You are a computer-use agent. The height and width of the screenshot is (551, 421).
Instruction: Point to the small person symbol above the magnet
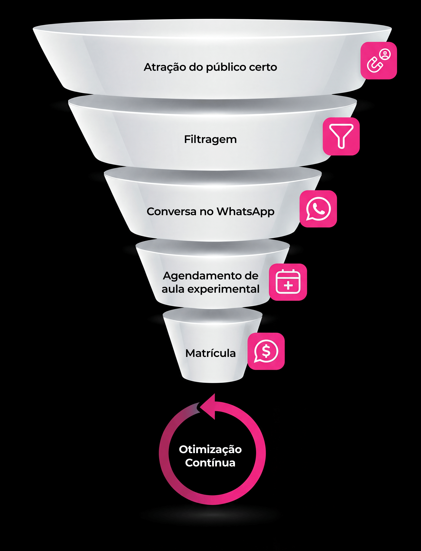point(385,54)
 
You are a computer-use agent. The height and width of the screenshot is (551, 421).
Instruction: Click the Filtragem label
point(210,139)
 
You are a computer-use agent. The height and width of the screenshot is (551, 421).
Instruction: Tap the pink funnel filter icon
point(341,136)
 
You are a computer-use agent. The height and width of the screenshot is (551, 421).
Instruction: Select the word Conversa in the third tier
point(172,211)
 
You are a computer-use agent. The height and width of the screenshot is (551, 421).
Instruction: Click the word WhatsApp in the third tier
point(245,212)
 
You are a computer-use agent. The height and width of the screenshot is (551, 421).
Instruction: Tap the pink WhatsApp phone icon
point(318,209)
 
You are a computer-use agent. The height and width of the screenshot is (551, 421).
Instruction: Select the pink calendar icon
point(288,282)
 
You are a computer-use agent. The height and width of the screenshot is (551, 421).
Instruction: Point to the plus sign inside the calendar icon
point(288,285)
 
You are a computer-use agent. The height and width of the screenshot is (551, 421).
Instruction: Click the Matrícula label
point(210,353)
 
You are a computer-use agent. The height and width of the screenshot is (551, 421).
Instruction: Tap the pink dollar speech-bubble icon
point(266,351)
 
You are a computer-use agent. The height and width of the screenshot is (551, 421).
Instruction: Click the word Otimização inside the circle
point(210,449)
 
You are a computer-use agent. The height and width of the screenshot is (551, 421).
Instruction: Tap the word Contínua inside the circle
point(210,463)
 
